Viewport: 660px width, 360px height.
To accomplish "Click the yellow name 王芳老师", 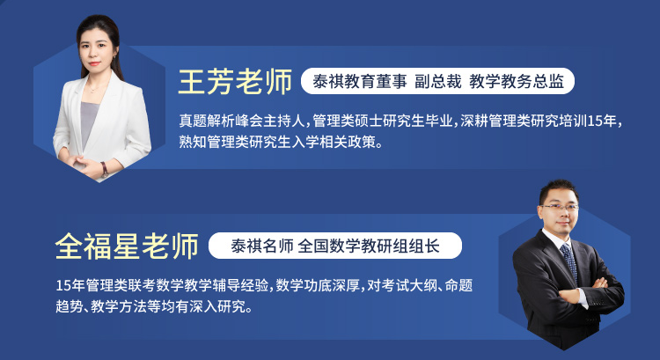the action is pyautogui.click(x=235, y=82).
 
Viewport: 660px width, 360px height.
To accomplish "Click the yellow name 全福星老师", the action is pyautogui.click(x=127, y=246).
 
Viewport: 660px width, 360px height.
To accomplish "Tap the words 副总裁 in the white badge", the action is pyautogui.click(x=438, y=81).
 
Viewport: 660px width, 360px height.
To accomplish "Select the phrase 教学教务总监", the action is pyautogui.click(x=517, y=81).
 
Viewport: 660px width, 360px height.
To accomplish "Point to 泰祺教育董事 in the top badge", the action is pyautogui.click(x=360, y=81).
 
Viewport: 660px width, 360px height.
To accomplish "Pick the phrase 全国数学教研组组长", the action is pyautogui.click(x=369, y=246).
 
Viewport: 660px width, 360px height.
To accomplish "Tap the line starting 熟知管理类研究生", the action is pyautogui.click(x=282, y=142).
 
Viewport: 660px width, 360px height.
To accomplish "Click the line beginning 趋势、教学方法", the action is pyautogui.click(x=155, y=306).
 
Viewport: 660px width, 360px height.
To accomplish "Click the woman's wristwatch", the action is pyautogui.click(x=104, y=169).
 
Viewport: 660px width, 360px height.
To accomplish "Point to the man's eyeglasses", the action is pyautogui.click(x=561, y=207).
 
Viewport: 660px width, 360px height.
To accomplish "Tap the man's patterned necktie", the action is pyautogui.click(x=569, y=262).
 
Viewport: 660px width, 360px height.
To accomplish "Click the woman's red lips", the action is pyautogui.click(x=94, y=63).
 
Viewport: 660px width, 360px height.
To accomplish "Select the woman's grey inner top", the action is pyautogui.click(x=88, y=123).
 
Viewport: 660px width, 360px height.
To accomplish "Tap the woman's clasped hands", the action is pyautogui.click(x=83, y=165).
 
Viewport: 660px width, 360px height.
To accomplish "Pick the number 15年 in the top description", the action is pyautogui.click(x=602, y=121).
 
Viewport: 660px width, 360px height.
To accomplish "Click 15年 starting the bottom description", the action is pyautogui.click(x=70, y=285).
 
